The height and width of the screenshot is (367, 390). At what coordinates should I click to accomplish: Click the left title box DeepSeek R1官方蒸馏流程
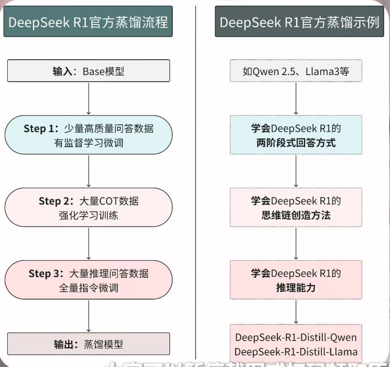88,22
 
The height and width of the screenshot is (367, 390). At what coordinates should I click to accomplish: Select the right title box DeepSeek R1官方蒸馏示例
299,22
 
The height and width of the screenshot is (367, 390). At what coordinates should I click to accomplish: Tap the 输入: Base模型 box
88,71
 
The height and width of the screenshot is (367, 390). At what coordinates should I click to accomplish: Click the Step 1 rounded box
88,135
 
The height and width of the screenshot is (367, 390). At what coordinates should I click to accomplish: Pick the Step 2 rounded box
88,208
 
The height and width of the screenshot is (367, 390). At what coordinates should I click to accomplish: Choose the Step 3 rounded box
88,280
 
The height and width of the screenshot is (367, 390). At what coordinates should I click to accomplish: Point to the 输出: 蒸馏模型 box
88,344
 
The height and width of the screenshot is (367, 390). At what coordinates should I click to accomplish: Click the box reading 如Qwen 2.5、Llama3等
296,71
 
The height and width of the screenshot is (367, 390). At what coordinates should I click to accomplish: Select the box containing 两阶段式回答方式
296,135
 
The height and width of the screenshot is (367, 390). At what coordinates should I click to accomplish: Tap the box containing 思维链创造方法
296,208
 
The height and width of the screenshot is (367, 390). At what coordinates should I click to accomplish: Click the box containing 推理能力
296,280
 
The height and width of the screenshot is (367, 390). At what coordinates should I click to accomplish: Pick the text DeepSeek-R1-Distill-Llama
296,351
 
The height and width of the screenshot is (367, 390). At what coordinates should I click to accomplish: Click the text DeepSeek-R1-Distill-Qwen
296,338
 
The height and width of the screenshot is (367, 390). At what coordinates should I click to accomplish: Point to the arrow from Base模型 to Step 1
89,98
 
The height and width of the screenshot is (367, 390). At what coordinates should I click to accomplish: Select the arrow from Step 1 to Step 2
89,171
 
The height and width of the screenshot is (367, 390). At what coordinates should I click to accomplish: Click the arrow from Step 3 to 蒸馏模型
89,315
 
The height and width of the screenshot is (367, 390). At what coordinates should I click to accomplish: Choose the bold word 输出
63,344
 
